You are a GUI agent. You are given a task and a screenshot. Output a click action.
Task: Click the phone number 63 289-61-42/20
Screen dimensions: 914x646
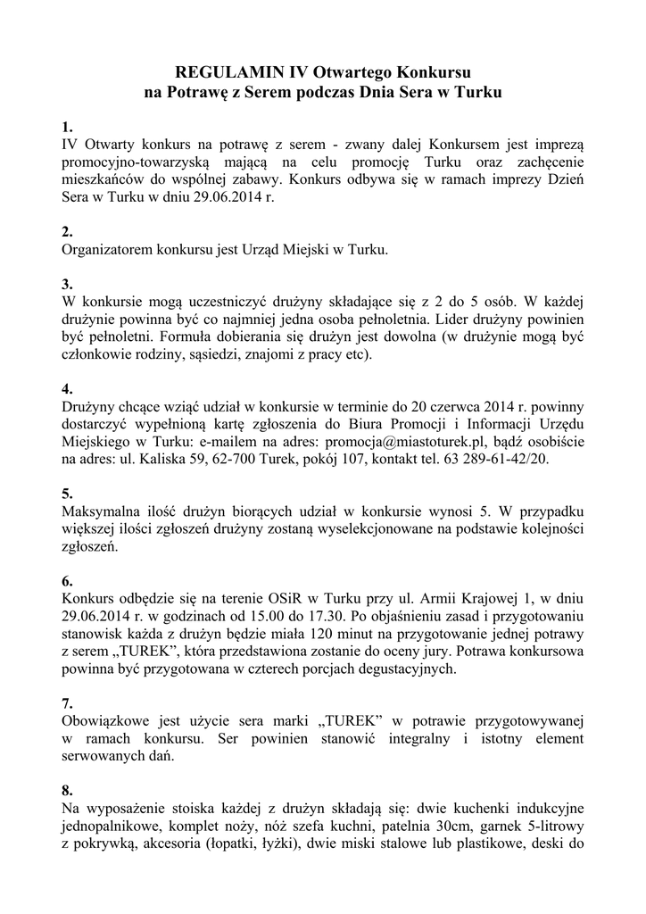tap(494, 459)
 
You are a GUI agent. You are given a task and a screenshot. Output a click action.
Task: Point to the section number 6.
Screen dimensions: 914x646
tap(66, 580)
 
